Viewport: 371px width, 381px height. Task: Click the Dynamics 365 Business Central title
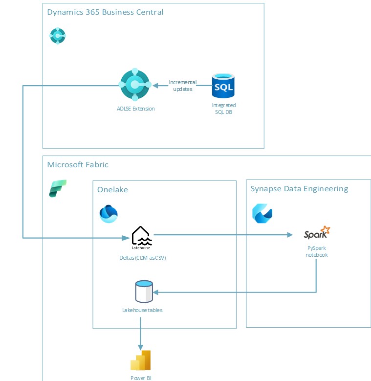click(x=105, y=12)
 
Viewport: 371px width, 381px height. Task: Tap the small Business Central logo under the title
click(x=58, y=36)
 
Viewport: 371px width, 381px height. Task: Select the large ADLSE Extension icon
click(x=134, y=85)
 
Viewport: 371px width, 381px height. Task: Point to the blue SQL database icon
click(x=223, y=86)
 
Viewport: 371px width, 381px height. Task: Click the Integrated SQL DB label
click(x=224, y=109)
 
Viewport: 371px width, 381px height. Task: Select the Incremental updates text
click(x=183, y=86)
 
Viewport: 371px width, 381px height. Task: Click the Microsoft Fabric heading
click(x=78, y=164)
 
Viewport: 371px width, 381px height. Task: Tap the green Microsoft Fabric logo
click(x=58, y=188)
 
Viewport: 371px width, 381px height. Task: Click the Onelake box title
click(x=112, y=189)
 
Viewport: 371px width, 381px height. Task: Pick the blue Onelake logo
click(x=109, y=214)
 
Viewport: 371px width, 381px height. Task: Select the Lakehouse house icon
click(x=142, y=236)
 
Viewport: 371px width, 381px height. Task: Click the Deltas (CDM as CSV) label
click(x=143, y=258)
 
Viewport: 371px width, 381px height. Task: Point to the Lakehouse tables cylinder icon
click(x=143, y=291)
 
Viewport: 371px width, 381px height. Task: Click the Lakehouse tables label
click(x=142, y=310)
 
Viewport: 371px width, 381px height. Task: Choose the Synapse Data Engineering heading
click(x=299, y=188)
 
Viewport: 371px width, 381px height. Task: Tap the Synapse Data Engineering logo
click(x=262, y=213)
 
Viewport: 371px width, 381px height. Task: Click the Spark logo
click(x=316, y=233)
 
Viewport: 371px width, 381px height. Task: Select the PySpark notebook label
click(x=316, y=251)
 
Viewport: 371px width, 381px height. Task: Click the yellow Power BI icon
click(x=140, y=360)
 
